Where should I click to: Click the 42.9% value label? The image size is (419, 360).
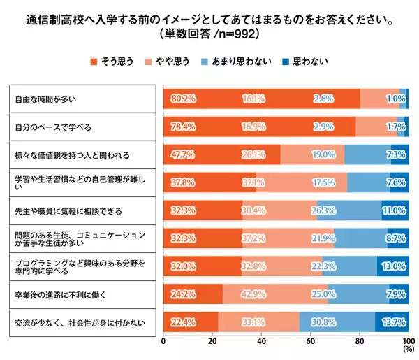(253, 294)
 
